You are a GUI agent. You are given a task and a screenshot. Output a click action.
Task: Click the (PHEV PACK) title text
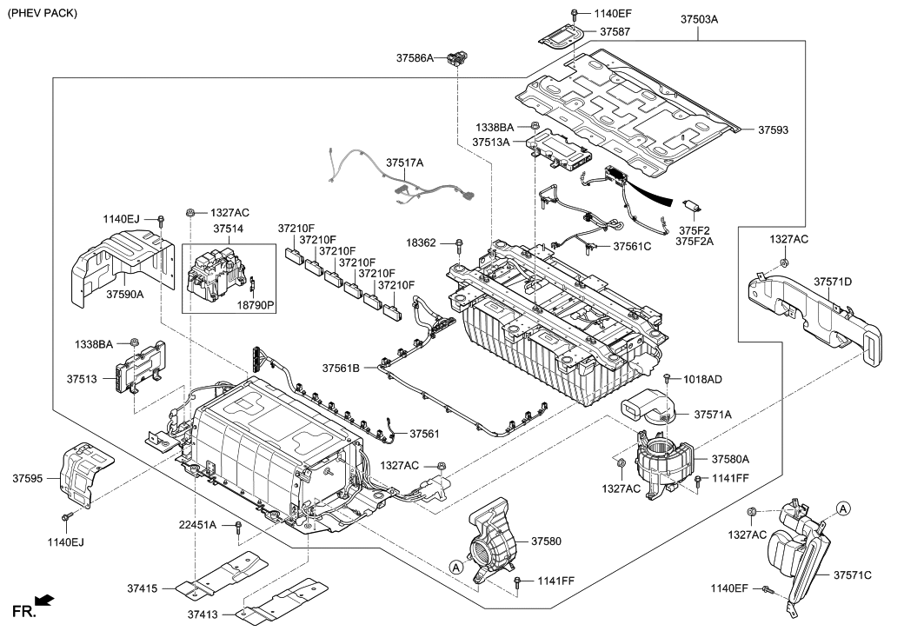click(x=42, y=13)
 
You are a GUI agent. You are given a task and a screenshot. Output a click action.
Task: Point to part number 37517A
click(x=405, y=163)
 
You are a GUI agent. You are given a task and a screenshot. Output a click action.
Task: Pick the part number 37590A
click(x=125, y=295)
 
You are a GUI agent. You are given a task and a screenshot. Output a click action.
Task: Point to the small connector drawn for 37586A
click(x=456, y=59)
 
